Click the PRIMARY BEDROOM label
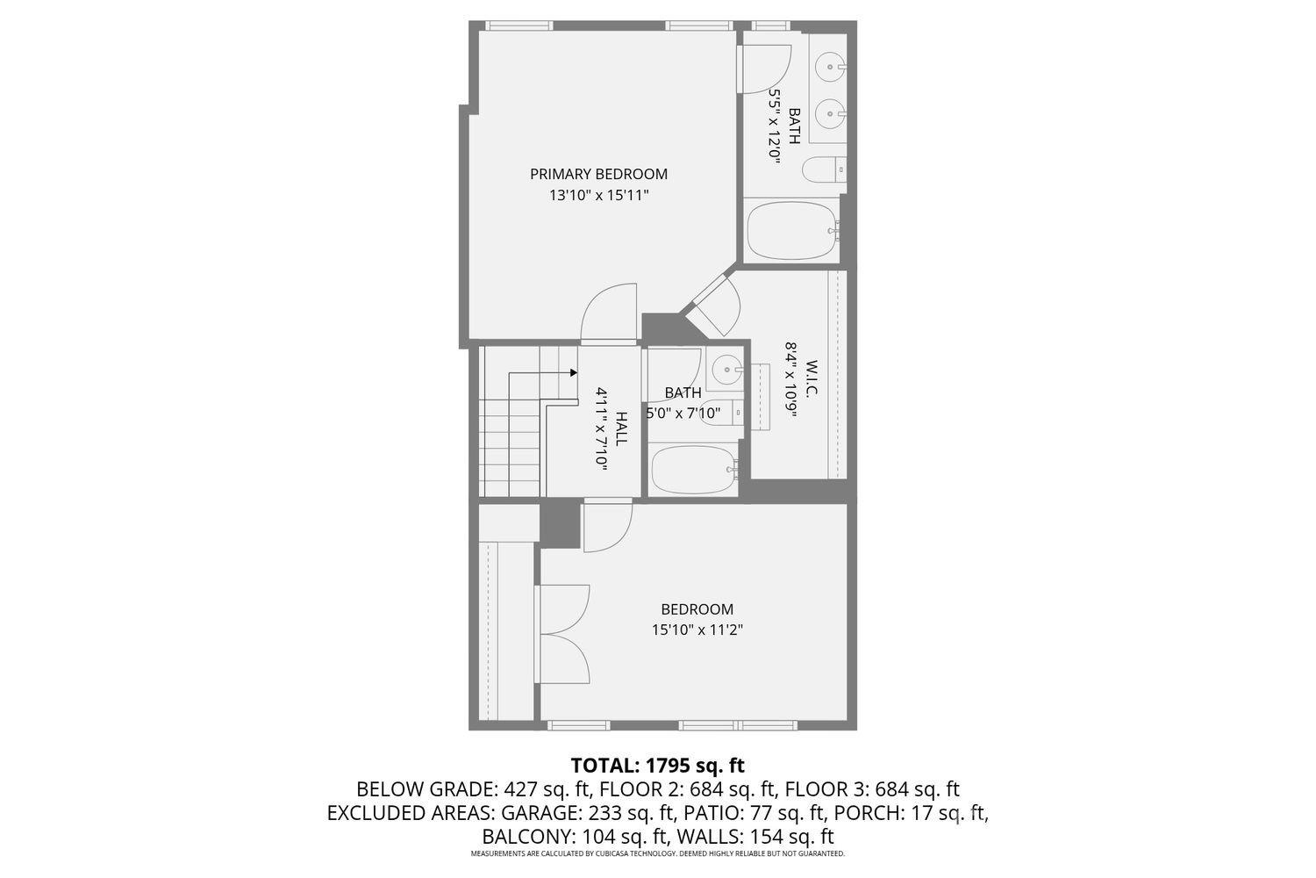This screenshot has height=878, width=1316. (598, 174)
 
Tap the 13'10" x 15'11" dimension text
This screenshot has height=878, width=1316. (598, 195)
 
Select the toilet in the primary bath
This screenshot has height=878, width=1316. (825, 170)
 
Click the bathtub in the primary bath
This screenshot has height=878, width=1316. (792, 231)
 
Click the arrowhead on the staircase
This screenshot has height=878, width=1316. (574, 373)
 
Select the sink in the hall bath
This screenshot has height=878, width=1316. (728, 370)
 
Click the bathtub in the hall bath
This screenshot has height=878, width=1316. (695, 471)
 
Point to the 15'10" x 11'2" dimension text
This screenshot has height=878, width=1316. (697, 630)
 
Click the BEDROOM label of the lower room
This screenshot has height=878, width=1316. (697, 609)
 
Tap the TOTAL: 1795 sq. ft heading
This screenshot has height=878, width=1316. (658, 766)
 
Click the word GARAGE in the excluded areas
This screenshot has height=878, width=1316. (538, 813)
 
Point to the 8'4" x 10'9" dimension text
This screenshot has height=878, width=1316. (791, 380)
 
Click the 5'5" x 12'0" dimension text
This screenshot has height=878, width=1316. (776, 126)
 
